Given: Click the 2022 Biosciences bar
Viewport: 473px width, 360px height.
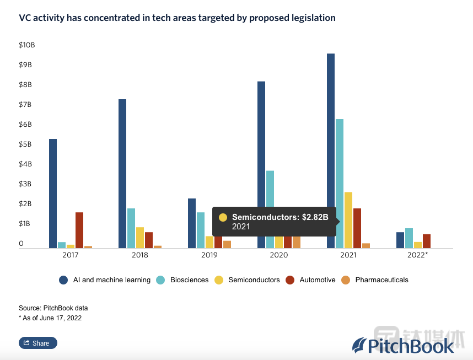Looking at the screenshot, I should coord(409,238).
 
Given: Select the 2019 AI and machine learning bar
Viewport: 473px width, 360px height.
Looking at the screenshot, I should coord(192,223).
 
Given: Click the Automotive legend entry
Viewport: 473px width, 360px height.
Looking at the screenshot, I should coord(317,280).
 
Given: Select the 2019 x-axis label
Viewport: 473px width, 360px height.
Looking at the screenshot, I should coord(209,256).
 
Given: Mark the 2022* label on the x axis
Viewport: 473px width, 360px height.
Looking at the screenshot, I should coord(417,256).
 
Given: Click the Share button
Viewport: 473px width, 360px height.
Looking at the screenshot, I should coord(38,343).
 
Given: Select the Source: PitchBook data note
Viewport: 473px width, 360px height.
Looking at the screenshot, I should coord(53,308).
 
